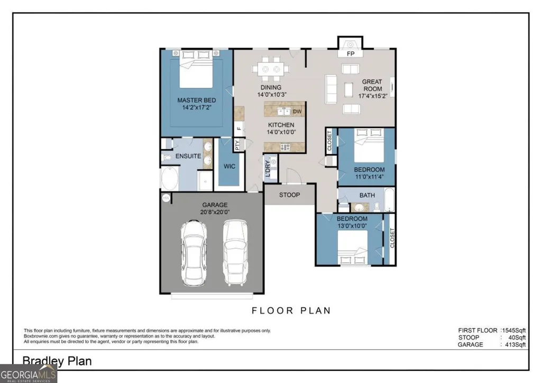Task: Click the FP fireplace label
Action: pyautogui.click(x=351, y=54)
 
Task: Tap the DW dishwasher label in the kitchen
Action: pyautogui.click(x=297, y=111)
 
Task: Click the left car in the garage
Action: pyautogui.click(x=194, y=253)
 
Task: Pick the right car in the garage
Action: pyautogui.click(x=235, y=252)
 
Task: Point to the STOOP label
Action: pyautogui.click(x=289, y=195)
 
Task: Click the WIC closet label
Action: pyautogui.click(x=229, y=166)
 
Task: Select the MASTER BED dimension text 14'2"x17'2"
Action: pyautogui.click(x=197, y=107)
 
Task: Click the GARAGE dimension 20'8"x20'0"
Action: pyautogui.click(x=215, y=212)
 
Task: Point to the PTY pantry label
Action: pyautogui.click(x=237, y=144)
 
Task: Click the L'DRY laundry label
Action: pyautogui.click(x=268, y=169)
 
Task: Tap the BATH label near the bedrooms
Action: pyautogui.click(x=367, y=195)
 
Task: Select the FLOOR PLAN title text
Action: pyautogui.click(x=291, y=311)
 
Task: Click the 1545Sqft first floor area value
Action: pyautogui.click(x=514, y=331)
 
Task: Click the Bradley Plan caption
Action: pyautogui.click(x=57, y=361)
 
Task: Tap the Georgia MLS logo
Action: pyautogui.click(x=28, y=375)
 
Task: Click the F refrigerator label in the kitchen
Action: pyautogui.click(x=238, y=129)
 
